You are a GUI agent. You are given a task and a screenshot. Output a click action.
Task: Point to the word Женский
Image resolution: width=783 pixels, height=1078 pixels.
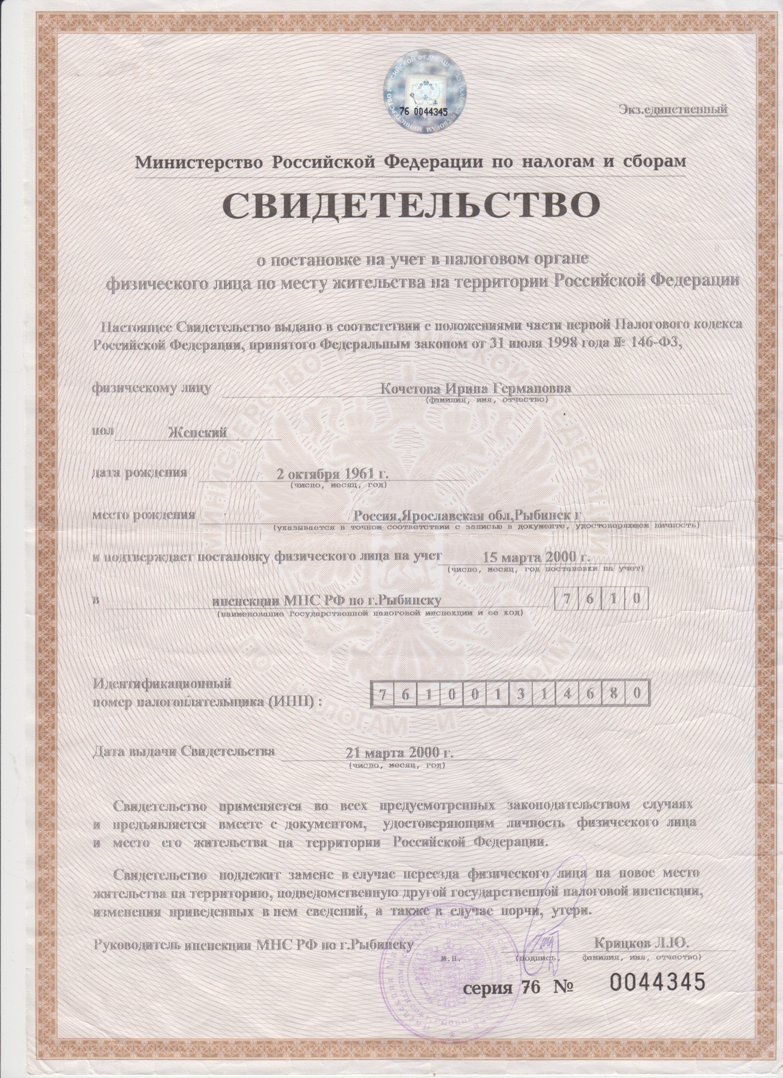(x=197, y=433)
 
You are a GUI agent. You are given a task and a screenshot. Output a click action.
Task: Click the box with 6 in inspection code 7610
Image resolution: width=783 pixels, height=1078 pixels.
(x=589, y=599)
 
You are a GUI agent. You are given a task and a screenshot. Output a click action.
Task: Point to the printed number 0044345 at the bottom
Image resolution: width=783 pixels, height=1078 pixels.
(x=656, y=983)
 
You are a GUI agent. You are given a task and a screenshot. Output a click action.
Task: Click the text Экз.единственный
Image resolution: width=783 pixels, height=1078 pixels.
(x=673, y=110)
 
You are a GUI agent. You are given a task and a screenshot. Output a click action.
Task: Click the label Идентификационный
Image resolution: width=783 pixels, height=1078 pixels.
(x=162, y=684)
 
